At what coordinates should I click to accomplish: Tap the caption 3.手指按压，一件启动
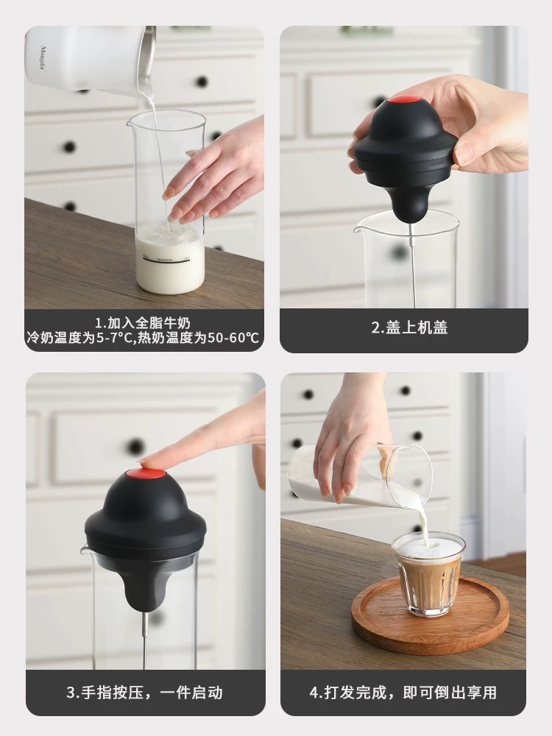[144, 693]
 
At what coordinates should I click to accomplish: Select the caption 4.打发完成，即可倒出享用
[403, 693]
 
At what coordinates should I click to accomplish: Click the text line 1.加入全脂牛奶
[144, 322]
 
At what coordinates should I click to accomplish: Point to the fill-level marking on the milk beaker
[169, 259]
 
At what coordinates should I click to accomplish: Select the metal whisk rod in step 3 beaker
[145, 633]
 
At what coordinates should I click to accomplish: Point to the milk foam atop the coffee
[428, 547]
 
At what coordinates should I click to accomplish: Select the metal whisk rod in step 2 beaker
[413, 265]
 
